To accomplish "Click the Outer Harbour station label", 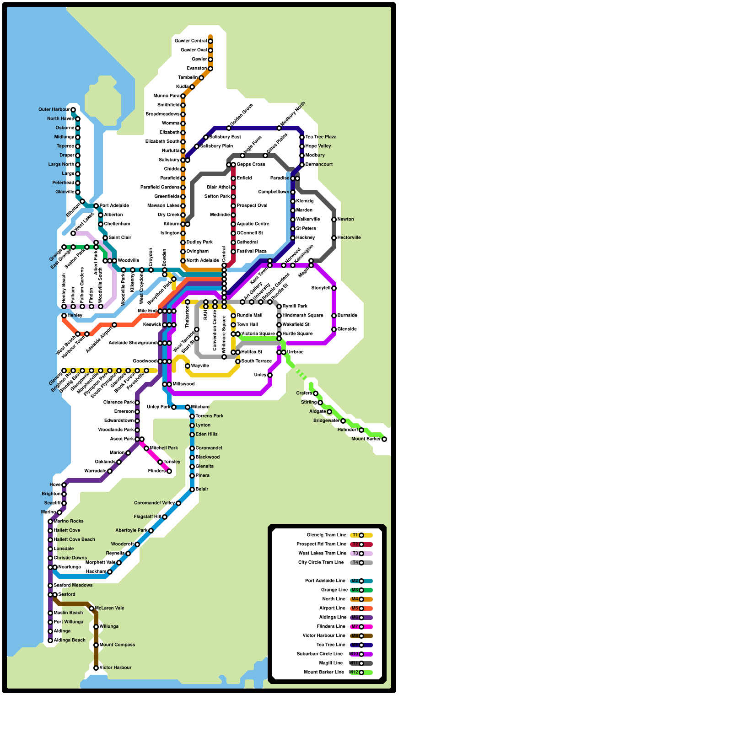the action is click(x=54, y=110).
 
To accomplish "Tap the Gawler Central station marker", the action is click(x=210, y=41).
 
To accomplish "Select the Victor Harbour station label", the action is click(x=115, y=668).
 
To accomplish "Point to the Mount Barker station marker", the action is click(x=384, y=439).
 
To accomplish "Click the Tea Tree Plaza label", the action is click(x=321, y=137).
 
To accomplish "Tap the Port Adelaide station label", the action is click(x=114, y=206).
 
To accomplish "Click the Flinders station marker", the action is click(x=169, y=471).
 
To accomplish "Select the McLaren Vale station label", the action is click(x=109, y=608).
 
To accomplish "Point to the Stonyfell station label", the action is click(x=321, y=288).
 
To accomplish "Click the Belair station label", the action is click(x=202, y=490).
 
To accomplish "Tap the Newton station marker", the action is click(x=334, y=220).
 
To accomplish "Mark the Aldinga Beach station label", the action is click(x=70, y=640).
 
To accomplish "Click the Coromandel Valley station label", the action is click(x=154, y=503).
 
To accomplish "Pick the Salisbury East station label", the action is click(x=225, y=137).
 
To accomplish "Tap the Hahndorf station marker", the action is click(x=361, y=430).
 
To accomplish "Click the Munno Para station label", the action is click(x=167, y=96).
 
